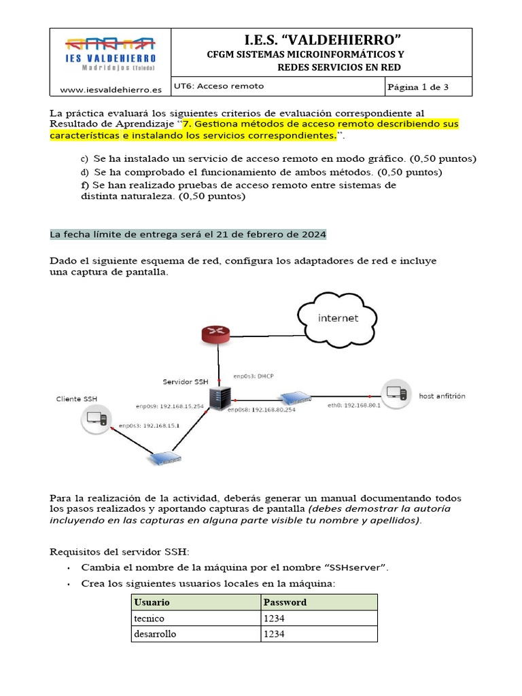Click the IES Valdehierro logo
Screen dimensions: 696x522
110,54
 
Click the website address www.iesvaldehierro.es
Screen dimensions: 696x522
111,89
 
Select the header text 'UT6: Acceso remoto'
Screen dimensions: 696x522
219,86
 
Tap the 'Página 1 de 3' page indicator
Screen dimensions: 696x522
417,87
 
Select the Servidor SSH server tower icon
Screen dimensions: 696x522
219,398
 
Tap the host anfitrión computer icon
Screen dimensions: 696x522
396,394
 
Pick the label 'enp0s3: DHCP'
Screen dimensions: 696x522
254,376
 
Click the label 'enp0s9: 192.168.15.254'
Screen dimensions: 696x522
169,406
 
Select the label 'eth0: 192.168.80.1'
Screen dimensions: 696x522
354,405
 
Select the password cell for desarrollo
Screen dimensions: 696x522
318,634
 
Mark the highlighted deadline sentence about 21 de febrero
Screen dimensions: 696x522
188,234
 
